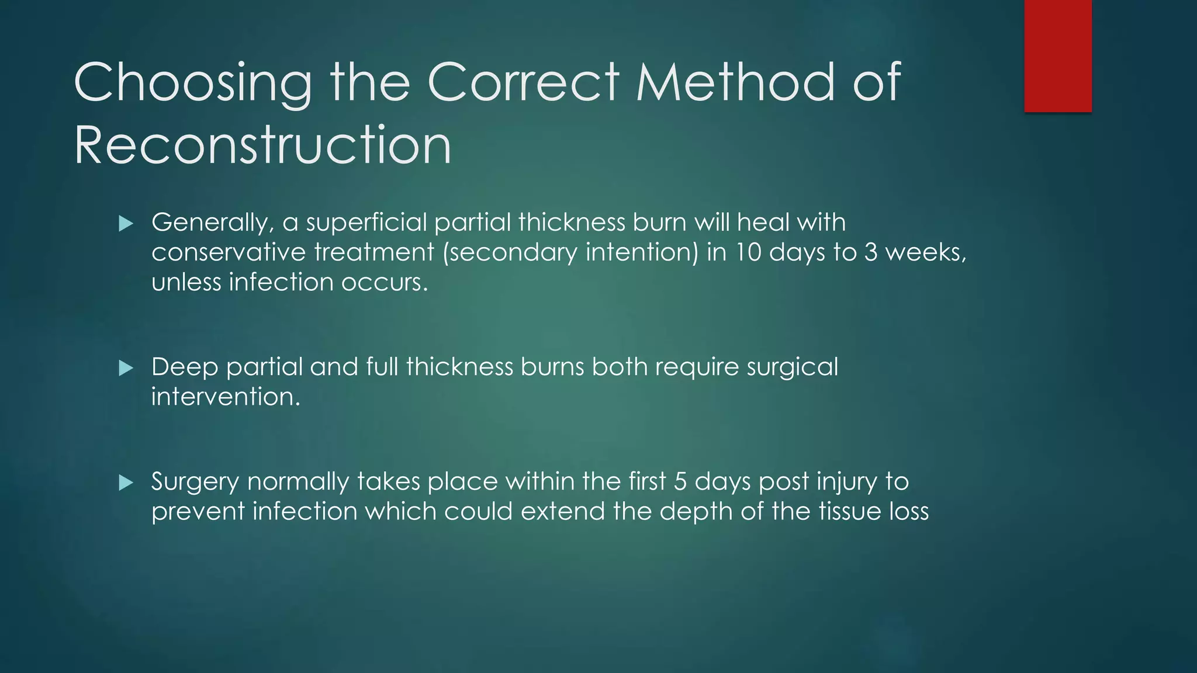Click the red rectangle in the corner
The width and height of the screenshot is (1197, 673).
coord(1058,55)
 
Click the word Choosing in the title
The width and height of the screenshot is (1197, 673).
coord(193,83)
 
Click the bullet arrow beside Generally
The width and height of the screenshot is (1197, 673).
coord(126,223)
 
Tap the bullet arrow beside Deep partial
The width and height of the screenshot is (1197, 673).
coord(126,368)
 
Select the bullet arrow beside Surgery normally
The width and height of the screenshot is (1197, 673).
coord(126,483)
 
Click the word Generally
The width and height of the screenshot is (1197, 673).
coord(213,223)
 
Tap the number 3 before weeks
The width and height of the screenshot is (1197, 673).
coord(871,252)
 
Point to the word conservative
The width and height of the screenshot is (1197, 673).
coord(229,252)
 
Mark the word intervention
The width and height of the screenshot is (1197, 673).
coord(226,397)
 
